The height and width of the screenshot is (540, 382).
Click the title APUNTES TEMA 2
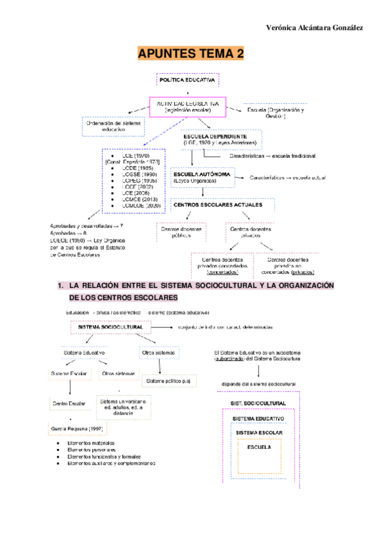coord(190,55)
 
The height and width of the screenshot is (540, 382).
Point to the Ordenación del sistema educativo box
coord(113,125)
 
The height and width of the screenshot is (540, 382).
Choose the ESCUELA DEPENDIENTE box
coord(220,140)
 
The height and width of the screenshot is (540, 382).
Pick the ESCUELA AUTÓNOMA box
coord(202,177)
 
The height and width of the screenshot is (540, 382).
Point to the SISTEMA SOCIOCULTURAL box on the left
coord(110,327)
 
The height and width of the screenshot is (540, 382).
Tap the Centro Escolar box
coord(68,404)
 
